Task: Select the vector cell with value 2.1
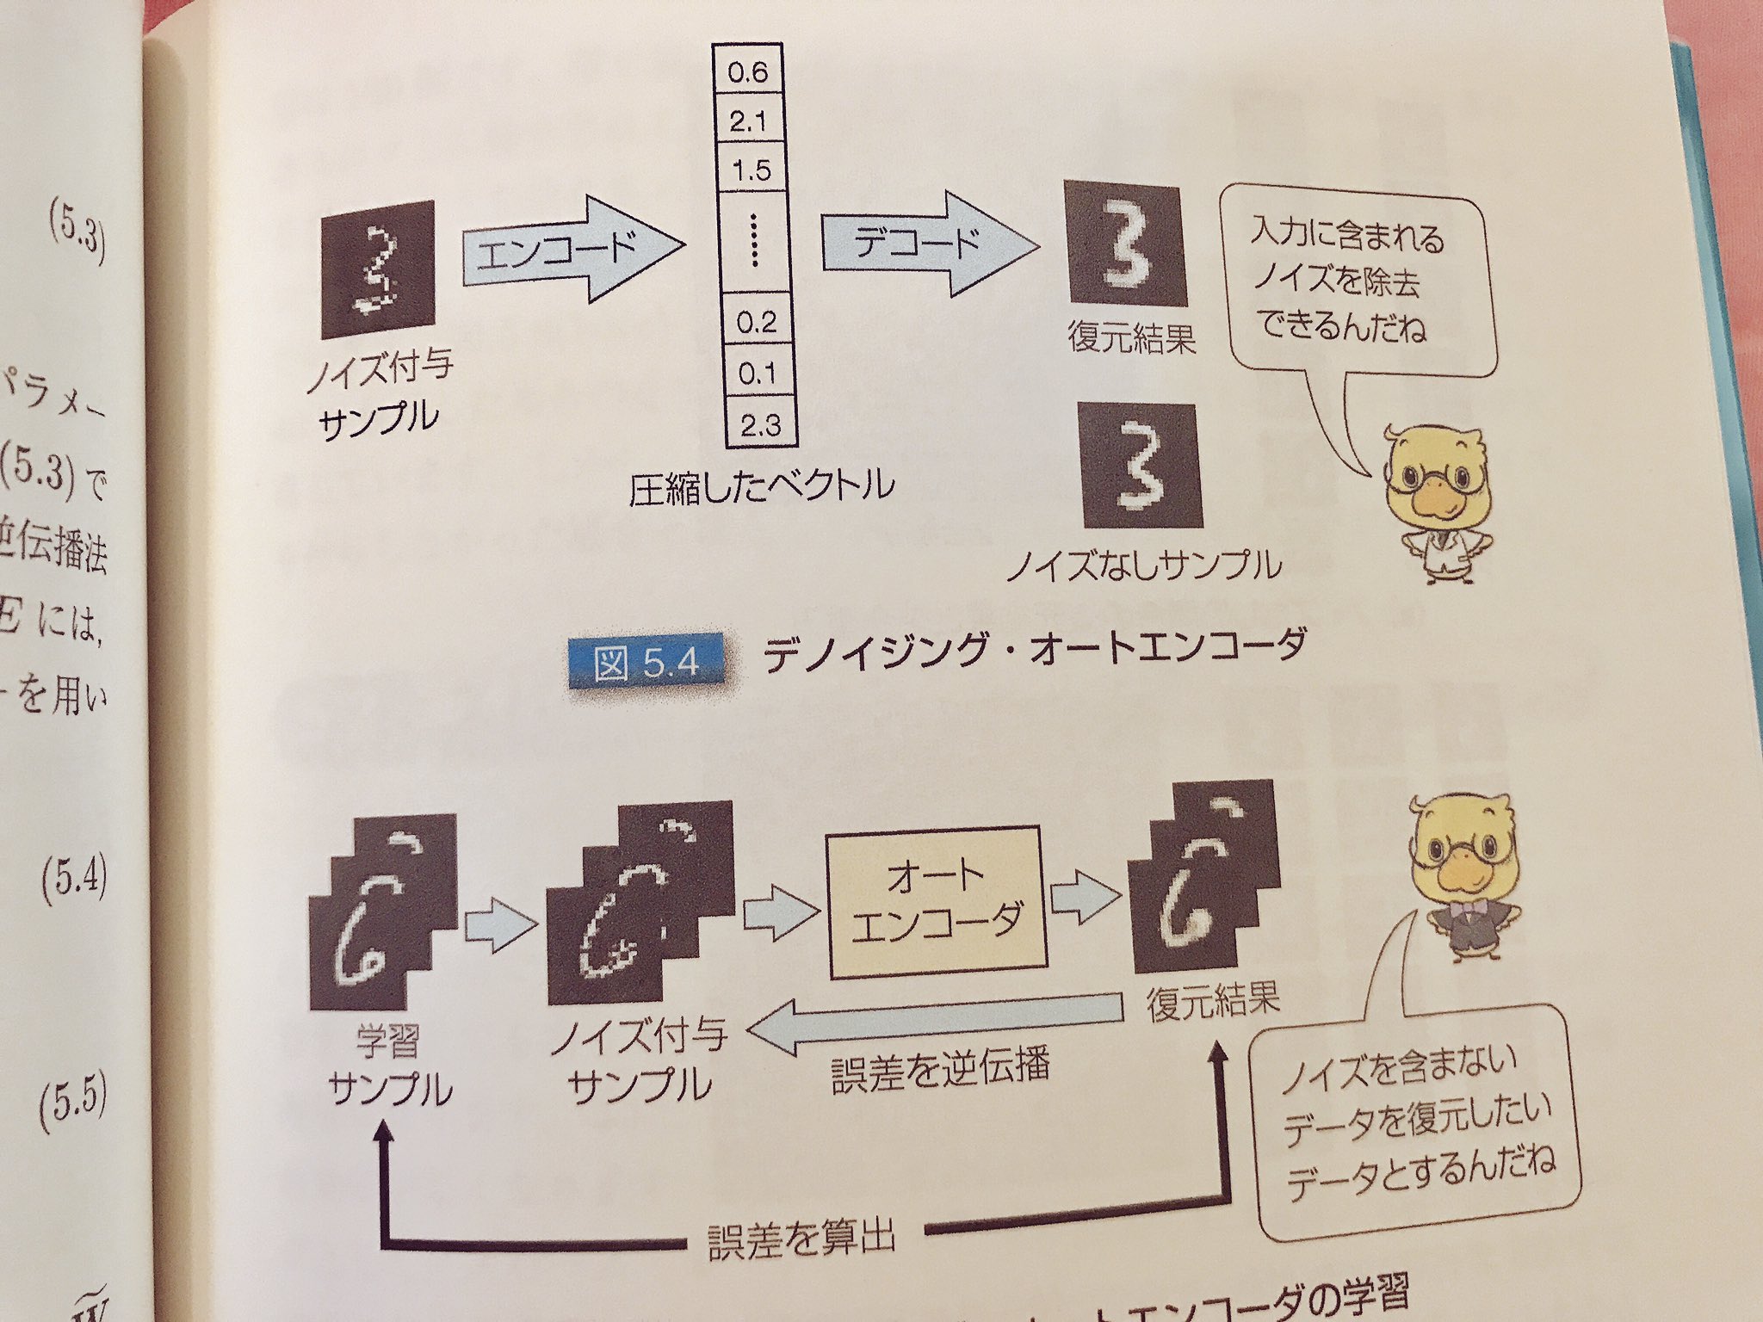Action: pyautogui.click(x=749, y=121)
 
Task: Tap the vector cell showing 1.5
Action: pyautogui.click(x=751, y=170)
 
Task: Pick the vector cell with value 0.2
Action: pyautogui.click(x=757, y=322)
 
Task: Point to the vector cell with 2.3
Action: pyautogui.click(x=760, y=423)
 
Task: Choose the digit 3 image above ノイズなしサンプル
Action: pyautogui.click(x=1141, y=466)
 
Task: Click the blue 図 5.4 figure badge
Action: pyautogui.click(x=646, y=663)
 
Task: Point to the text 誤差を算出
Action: pyautogui.click(x=801, y=1240)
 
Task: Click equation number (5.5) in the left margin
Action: pyautogui.click(x=74, y=1103)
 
